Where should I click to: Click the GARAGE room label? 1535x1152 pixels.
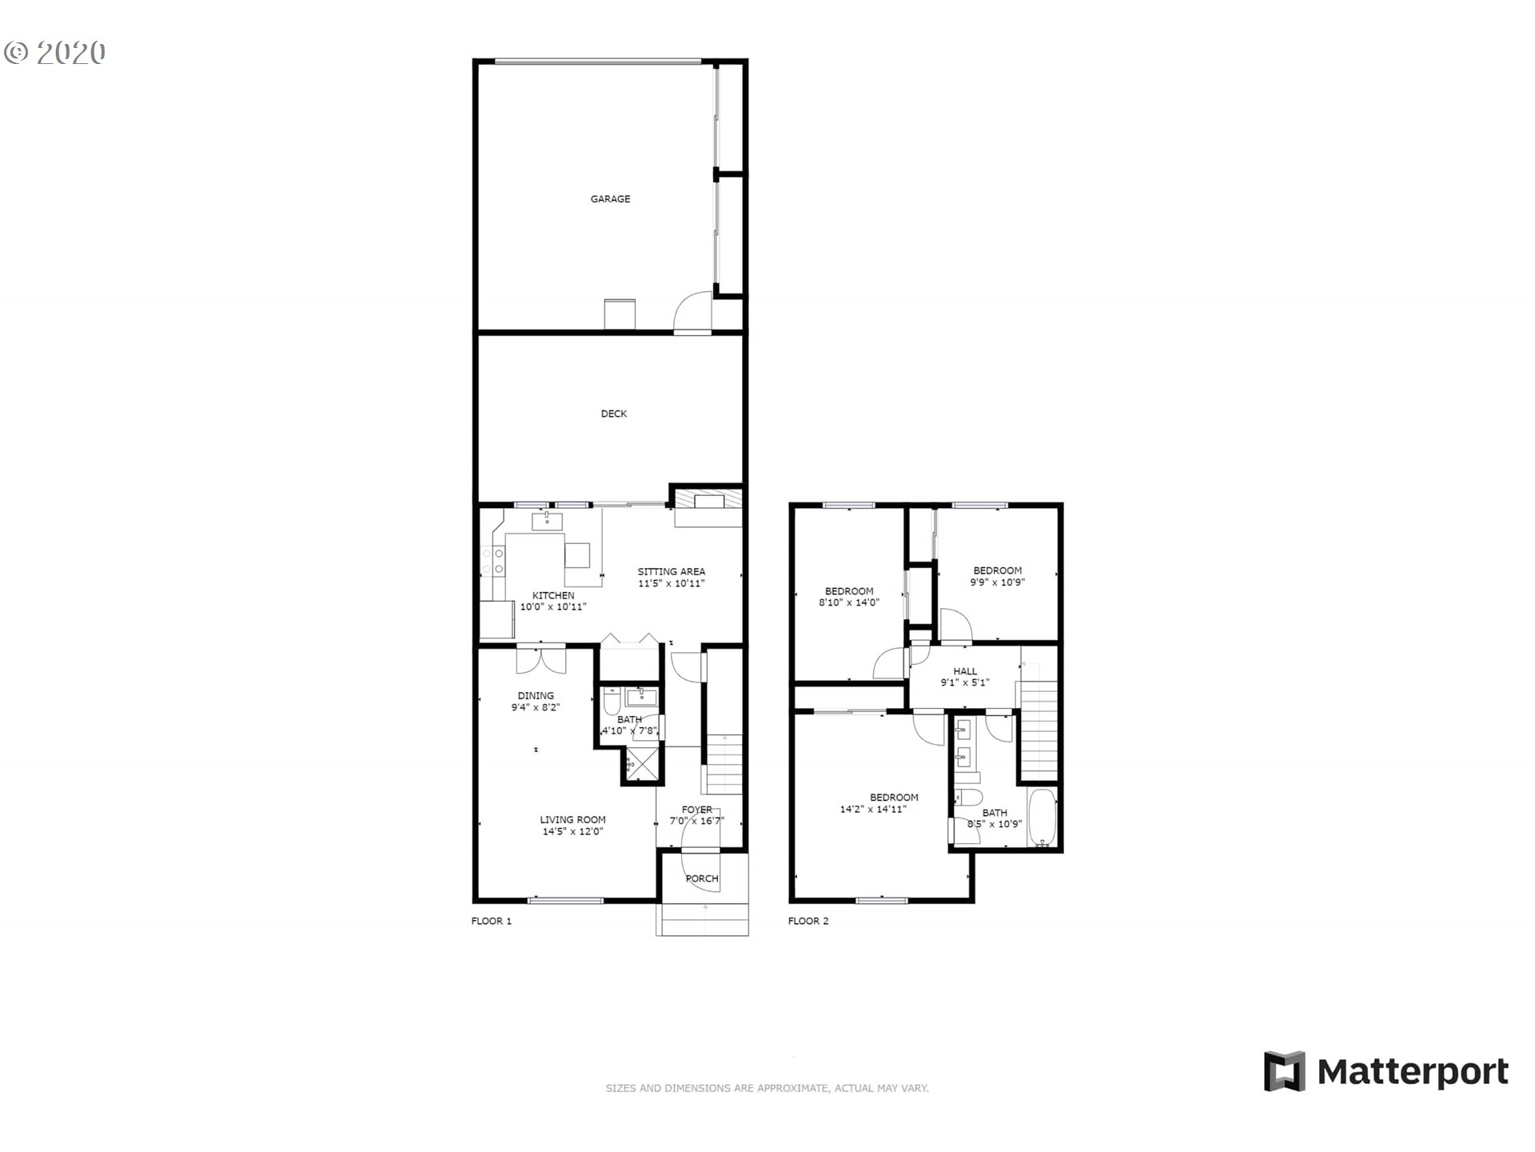click(x=610, y=199)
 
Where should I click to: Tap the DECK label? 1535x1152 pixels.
click(x=614, y=414)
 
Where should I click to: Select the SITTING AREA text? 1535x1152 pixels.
click(x=671, y=571)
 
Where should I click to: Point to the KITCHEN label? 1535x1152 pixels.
click(x=553, y=595)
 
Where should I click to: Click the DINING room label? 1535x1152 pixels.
click(x=536, y=696)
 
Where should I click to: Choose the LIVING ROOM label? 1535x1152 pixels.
click(x=572, y=819)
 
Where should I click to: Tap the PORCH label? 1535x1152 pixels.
click(x=702, y=878)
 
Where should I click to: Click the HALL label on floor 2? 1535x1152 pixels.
click(x=965, y=671)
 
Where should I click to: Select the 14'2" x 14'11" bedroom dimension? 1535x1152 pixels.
click(x=873, y=809)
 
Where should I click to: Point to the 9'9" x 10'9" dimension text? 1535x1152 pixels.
click(x=997, y=582)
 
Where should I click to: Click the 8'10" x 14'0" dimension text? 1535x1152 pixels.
click(x=849, y=602)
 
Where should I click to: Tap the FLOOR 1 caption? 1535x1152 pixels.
click(x=491, y=921)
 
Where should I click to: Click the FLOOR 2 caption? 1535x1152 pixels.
click(x=808, y=921)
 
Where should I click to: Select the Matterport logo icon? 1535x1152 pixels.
click(x=1284, y=1071)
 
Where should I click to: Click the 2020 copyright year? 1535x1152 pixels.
click(x=70, y=53)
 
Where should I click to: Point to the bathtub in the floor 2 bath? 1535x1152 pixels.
click(x=1043, y=817)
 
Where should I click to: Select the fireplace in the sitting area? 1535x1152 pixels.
click(x=708, y=502)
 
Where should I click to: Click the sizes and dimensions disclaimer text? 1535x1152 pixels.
click(x=767, y=1088)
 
